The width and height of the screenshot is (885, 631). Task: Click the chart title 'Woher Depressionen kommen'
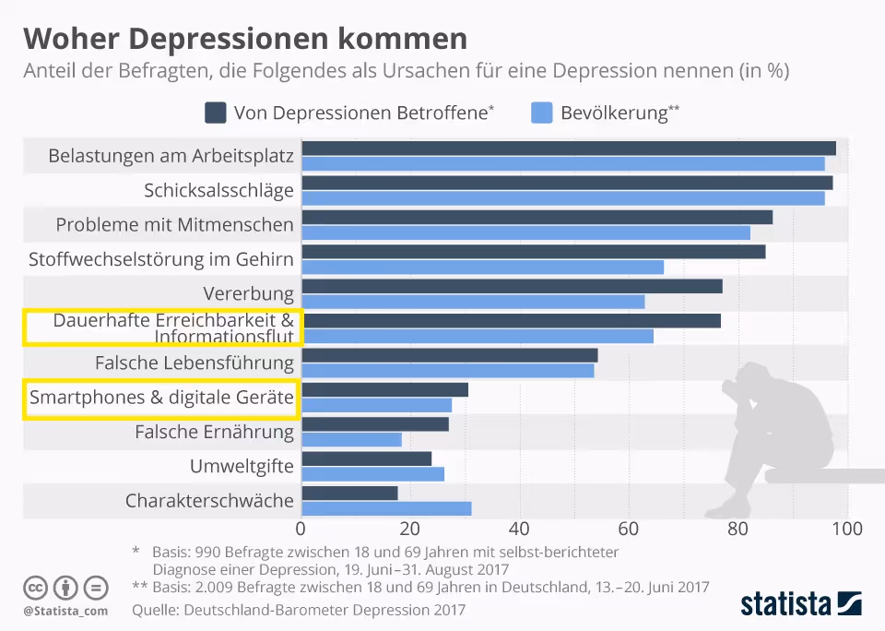(x=244, y=39)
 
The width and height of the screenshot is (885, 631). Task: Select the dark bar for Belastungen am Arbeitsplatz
(x=568, y=149)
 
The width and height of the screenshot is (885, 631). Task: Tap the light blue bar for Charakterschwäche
(x=386, y=508)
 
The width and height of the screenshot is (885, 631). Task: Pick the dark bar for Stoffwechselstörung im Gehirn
(x=533, y=252)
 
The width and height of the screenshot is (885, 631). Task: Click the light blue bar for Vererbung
(x=473, y=302)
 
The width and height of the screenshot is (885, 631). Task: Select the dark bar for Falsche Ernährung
(x=375, y=424)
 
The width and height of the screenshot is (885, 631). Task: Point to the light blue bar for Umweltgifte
(x=372, y=474)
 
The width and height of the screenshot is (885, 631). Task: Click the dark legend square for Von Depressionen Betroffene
(x=215, y=113)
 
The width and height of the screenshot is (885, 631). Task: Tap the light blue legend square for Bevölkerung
(x=542, y=113)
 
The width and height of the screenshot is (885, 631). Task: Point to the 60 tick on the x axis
(x=630, y=530)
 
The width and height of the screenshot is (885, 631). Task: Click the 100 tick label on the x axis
(x=847, y=530)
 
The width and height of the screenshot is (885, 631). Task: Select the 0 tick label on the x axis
(x=301, y=530)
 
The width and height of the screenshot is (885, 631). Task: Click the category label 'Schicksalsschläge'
(x=218, y=191)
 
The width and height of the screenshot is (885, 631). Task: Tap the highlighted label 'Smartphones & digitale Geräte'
(x=161, y=399)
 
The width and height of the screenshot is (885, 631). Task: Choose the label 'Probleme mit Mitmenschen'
(x=175, y=225)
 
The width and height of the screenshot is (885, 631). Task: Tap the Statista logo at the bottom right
(x=801, y=604)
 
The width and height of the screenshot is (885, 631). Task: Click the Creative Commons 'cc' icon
(x=36, y=588)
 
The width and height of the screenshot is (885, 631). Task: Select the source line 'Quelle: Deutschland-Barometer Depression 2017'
(x=299, y=610)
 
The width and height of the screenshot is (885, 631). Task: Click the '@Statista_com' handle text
(x=65, y=611)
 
